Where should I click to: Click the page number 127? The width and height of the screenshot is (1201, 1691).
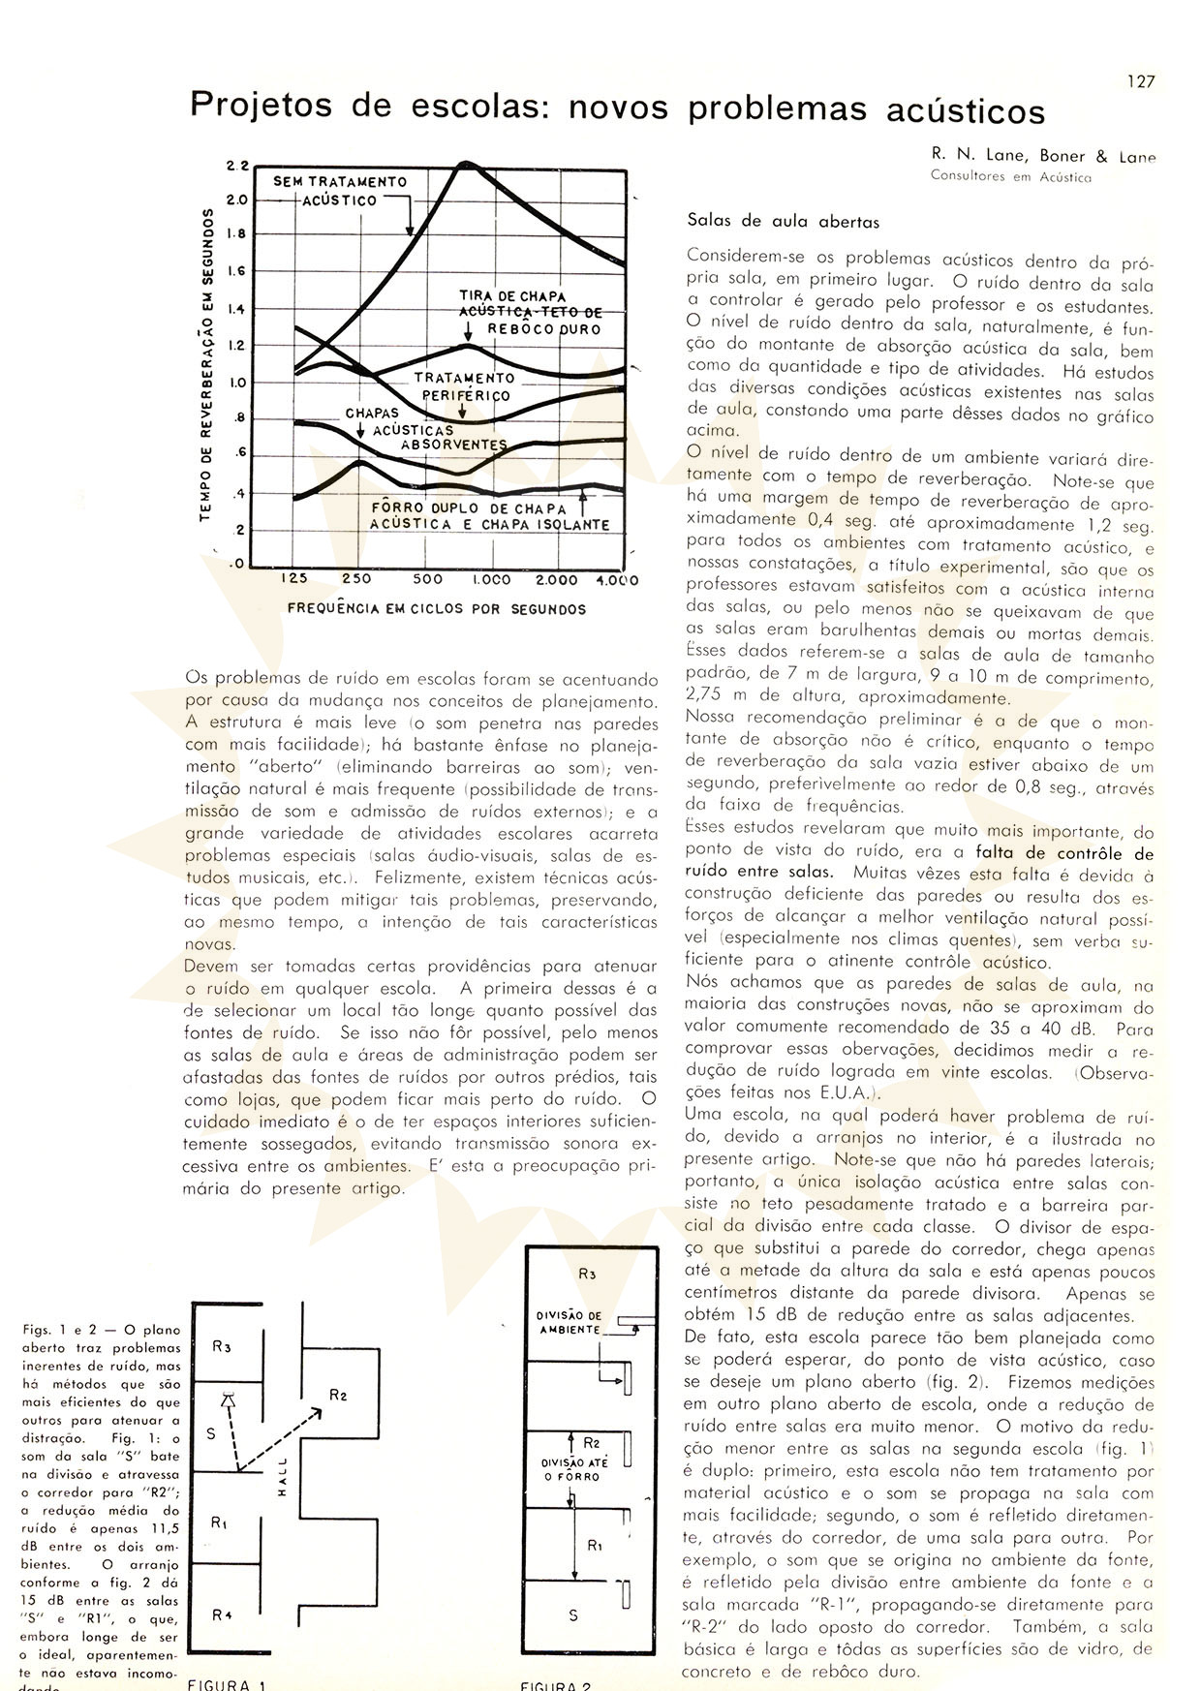tap(1141, 82)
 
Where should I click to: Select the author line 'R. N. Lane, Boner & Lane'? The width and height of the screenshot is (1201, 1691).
tap(1043, 156)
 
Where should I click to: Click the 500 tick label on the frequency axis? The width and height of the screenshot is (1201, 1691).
tap(427, 580)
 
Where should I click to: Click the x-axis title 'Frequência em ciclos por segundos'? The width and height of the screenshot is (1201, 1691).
tap(437, 609)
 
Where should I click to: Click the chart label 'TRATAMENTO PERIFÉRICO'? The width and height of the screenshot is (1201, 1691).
tap(465, 386)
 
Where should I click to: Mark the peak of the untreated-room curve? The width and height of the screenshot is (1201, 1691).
tap(466, 164)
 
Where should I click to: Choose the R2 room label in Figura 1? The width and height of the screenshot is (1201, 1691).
tap(338, 1396)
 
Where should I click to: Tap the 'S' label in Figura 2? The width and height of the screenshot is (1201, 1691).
tap(573, 1615)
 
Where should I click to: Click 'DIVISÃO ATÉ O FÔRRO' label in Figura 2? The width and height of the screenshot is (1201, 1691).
tap(573, 1469)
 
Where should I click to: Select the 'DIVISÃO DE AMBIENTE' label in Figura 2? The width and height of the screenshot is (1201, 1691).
tap(570, 1323)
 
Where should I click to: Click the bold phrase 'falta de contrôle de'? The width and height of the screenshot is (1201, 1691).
tap(1063, 853)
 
